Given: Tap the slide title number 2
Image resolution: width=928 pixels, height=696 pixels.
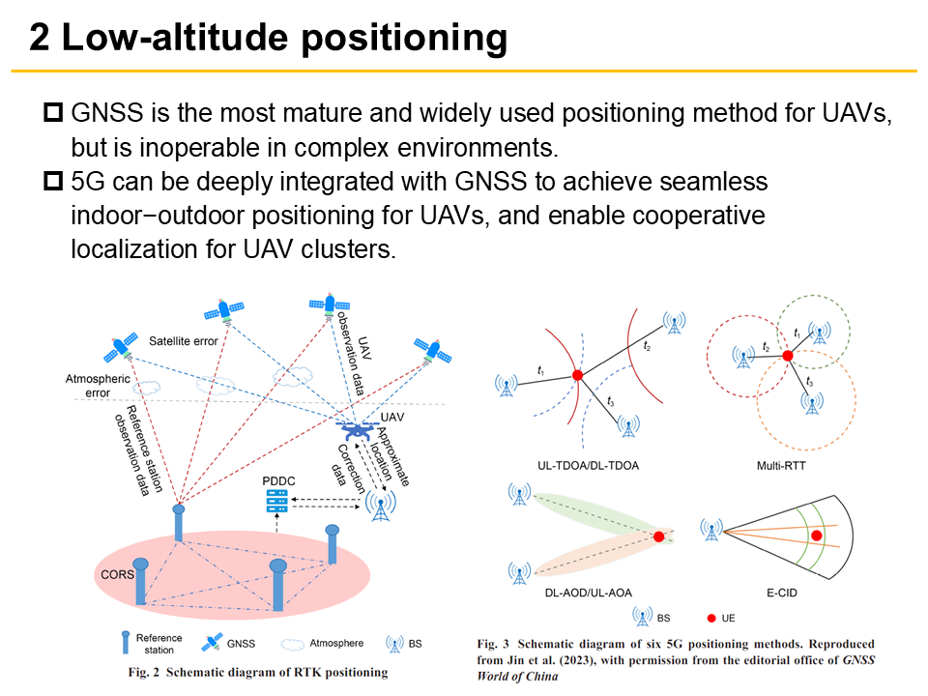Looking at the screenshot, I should [41, 38].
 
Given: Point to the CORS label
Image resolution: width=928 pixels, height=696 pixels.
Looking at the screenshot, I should [118, 572].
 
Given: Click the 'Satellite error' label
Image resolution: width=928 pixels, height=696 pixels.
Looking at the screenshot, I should [184, 340].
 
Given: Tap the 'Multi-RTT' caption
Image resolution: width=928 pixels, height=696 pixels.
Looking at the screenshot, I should [783, 465].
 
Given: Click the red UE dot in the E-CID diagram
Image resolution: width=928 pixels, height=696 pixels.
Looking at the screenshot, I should [817, 535].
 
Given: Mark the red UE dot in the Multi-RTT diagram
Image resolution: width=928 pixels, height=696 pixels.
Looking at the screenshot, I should [787, 356].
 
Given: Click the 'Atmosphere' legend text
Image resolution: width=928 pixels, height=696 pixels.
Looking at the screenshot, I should [336, 643].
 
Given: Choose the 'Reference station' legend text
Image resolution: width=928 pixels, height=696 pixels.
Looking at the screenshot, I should [159, 644].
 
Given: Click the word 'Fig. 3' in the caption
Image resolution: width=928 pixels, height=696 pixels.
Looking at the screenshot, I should [494, 643].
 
